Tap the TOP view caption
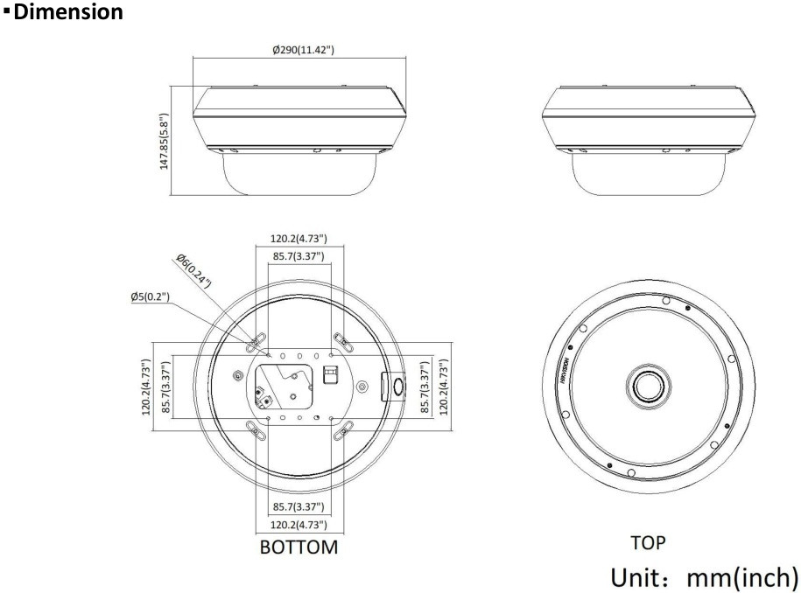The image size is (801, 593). pos(649,542)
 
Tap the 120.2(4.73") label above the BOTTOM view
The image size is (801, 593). pos(299,238)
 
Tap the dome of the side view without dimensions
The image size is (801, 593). pos(649,175)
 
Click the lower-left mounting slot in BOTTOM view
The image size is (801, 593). pos(256,428)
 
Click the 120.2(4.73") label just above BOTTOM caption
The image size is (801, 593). pos(299,525)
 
